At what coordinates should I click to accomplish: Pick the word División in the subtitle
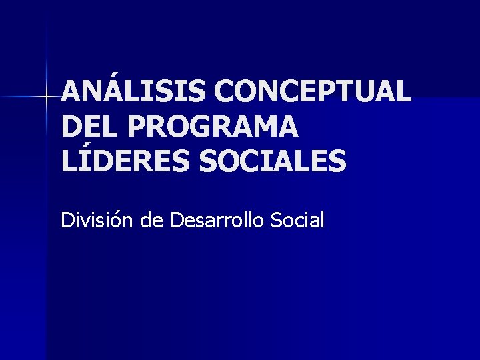[97, 219]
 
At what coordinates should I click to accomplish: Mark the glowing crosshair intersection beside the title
[46, 97]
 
